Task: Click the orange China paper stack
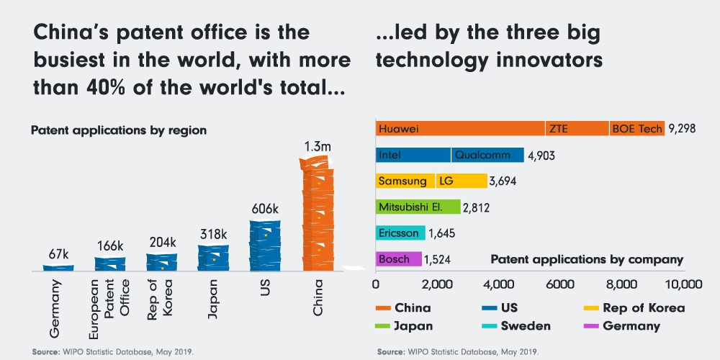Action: pyautogui.click(x=318, y=213)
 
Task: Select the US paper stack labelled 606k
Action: pyautogui.click(x=265, y=246)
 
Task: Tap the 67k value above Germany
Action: pyautogui.click(x=59, y=254)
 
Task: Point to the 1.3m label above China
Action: pyautogui.click(x=318, y=147)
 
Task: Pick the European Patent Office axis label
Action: pyautogui.click(x=109, y=309)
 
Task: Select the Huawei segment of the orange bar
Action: pyautogui.click(x=460, y=129)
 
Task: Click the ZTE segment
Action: pyautogui.click(x=577, y=129)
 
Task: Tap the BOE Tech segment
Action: pyautogui.click(x=637, y=129)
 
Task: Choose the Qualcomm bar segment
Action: pyautogui.click(x=487, y=155)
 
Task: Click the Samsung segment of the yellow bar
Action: pyautogui.click(x=405, y=181)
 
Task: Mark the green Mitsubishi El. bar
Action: pyautogui.click(x=418, y=207)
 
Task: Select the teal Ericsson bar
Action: pyautogui.click(x=400, y=233)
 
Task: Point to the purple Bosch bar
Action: pyautogui.click(x=399, y=259)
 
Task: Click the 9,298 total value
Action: pyautogui.click(x=683, y=129)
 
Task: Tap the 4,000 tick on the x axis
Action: pyautogui.click(x=499, y=284)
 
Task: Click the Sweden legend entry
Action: pyautogui.click(x=516, y=326)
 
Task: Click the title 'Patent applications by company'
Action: pyautogui.click(x=588, y=259)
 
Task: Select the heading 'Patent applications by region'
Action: pyautogui.click(x=119, y=130)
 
